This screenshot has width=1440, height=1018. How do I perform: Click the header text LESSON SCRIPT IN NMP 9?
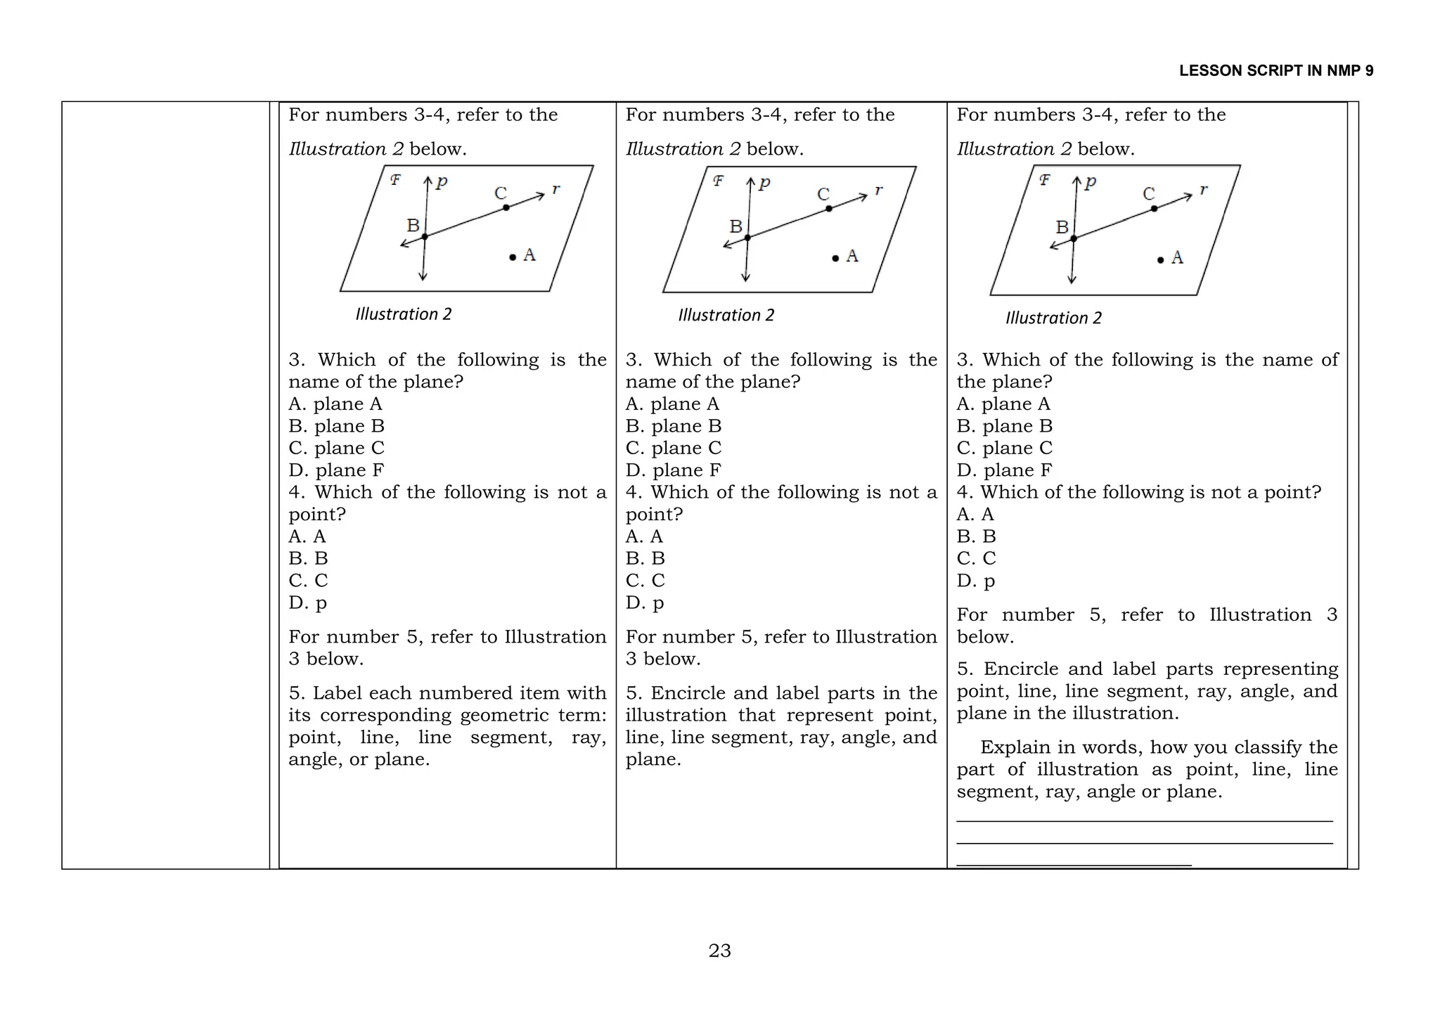1275,71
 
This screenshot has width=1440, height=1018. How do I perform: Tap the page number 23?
719,951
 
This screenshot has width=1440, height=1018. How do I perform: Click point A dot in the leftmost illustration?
513,257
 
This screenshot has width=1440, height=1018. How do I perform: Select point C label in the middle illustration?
823,194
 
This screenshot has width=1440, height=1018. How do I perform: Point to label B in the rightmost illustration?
1062,227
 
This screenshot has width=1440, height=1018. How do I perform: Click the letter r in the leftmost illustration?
555,188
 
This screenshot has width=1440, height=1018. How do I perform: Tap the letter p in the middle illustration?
765,183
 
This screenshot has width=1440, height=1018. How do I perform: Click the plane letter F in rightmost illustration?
1045,180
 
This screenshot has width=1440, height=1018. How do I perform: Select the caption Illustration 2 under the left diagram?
403,314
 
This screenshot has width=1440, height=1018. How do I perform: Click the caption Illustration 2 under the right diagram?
1053,318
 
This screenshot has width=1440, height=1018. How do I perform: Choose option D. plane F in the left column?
336,470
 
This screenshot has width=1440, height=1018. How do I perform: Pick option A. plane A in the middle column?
672,404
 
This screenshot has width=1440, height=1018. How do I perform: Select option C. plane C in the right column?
1004,448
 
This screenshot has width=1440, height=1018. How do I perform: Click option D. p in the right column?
975,581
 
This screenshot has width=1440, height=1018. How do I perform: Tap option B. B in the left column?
308,558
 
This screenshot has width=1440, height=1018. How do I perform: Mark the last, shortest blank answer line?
1074,865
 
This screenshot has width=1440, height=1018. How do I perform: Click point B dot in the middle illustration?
747,238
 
